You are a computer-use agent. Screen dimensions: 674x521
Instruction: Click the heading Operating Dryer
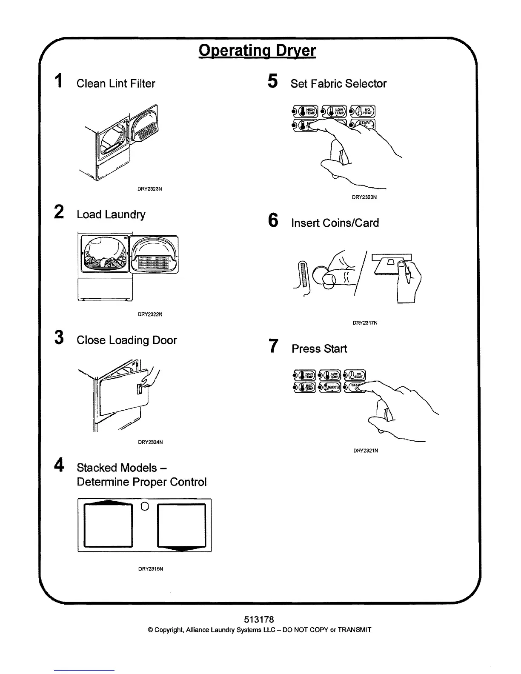pos(257,51)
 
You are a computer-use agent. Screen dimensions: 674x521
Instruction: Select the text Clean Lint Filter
pos(116,83)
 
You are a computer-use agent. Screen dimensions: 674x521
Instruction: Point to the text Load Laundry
pos(111,214)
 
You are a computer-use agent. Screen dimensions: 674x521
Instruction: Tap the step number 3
pos(60,337)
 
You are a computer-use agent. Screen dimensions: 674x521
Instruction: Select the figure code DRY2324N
pos(150,442)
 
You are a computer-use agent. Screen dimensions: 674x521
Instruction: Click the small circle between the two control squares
pos(144,506)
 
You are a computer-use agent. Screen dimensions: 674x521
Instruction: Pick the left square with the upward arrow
pos(109,525)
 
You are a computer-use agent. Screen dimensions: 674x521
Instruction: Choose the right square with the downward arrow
pos(182,526)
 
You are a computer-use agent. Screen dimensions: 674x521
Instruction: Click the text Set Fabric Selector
pos(338,83)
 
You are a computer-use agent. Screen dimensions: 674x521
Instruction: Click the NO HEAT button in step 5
pos(363,111)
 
